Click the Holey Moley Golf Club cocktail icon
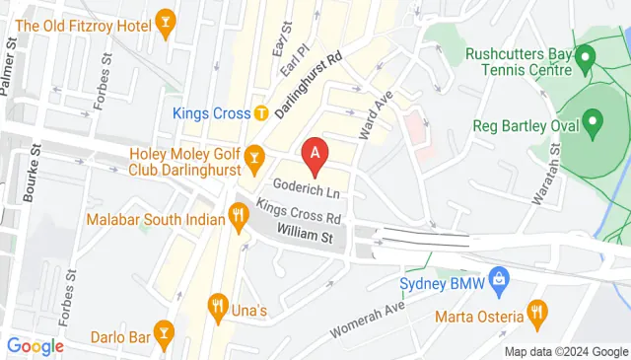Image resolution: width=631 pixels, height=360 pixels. point(253,157)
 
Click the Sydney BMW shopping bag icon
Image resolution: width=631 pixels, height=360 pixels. point(500,279)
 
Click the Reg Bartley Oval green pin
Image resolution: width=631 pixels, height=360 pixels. point(593,123)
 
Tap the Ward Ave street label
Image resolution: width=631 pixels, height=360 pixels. point(375,114)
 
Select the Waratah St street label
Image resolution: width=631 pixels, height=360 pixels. point(546,173)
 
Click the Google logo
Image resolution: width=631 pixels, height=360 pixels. point(35,346)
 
